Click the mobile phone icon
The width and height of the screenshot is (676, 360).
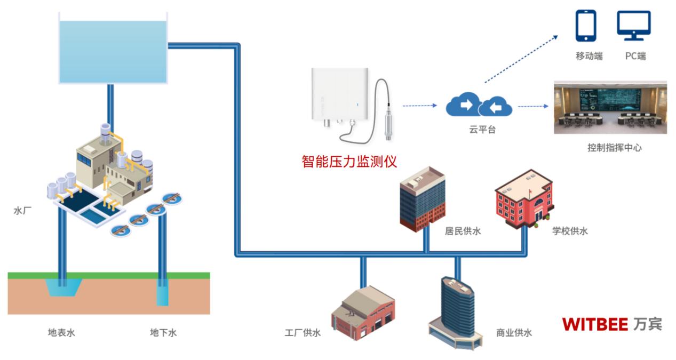tap(585, 26)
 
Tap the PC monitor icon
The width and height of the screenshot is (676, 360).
tap(634, 26)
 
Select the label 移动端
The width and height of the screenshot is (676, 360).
tap(589, 56)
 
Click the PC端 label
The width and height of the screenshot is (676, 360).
tap(635, 56)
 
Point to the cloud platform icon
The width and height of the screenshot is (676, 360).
tap(479, 105)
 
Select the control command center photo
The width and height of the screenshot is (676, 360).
tap(610, 107)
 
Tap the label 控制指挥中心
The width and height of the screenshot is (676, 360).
tap(614, 148)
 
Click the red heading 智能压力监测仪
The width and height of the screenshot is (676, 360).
tap(349, 161)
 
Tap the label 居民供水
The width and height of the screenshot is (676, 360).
tap(463, 231)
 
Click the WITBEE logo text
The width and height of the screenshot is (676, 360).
tap(594, 324)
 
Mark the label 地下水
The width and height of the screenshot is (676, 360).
tap(163, 333)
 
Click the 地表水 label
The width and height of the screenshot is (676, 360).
tap(61, 333)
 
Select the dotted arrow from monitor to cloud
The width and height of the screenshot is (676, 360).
tap(419, 106)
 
